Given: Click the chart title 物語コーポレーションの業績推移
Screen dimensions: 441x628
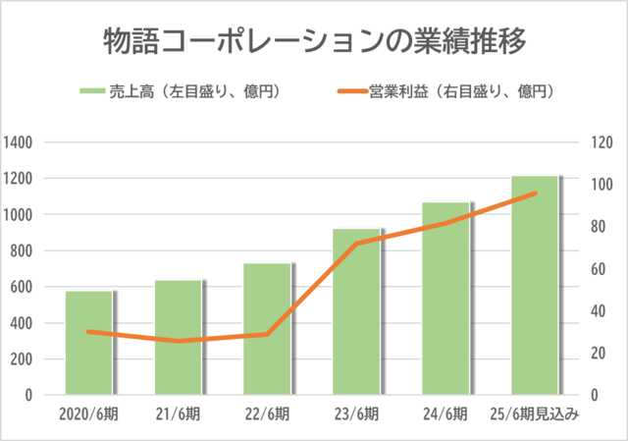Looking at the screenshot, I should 315,42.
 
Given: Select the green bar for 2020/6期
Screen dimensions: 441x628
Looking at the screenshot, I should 90,343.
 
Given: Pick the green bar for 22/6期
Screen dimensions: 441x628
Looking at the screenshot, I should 268,328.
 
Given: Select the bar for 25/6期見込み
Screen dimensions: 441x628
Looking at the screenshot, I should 535,285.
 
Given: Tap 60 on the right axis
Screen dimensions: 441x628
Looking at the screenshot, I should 600,269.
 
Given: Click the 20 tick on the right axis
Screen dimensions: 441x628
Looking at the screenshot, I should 600,354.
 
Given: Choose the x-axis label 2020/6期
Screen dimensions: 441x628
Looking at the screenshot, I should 88,414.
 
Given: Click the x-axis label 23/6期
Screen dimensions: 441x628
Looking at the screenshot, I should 356,414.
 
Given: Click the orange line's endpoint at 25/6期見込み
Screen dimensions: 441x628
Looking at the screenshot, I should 536,193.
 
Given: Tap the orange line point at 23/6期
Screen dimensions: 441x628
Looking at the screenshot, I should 357,243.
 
